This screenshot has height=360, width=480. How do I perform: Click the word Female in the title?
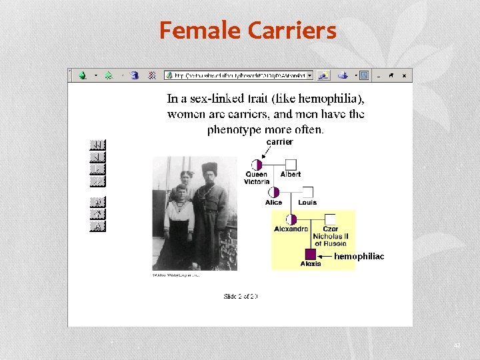pos(200,30)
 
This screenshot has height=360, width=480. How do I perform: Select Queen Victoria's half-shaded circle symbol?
pos(257,165)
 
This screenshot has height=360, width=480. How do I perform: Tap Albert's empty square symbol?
pos(291,165)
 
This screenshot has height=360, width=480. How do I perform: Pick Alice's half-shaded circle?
pos(274,192)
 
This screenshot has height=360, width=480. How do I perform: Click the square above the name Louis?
pos(307,192)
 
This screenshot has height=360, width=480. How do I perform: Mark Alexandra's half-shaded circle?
pos(291,219)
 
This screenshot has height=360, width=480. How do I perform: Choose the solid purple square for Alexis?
pos(310,254)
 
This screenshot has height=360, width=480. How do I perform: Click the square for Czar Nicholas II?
pos(331,219)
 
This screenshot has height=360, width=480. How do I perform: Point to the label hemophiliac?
pos(359,256)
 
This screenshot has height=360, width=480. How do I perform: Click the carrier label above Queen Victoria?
pos(279,142)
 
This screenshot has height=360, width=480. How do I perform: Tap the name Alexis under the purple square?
pos(310,264)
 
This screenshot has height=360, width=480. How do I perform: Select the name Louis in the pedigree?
pos(307,202)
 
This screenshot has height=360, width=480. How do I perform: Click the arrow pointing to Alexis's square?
pos(325,255)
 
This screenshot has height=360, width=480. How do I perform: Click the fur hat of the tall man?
pos(210,167)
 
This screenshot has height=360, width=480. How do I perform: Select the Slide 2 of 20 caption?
pos(240,296)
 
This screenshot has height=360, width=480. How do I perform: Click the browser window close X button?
pos(404,75)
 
